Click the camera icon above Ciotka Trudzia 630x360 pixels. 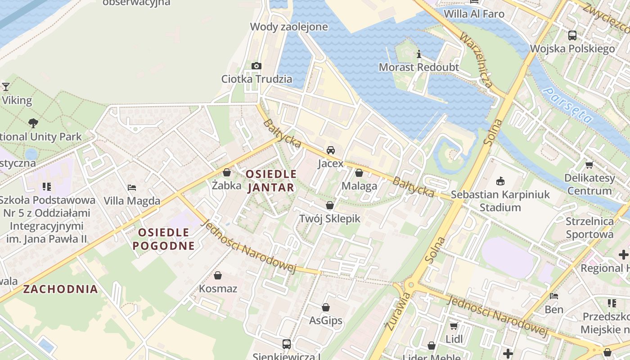pos(256,66)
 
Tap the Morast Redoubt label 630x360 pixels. pos(418,67)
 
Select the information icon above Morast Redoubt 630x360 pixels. pos(419,55)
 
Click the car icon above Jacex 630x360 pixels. pos(331,150)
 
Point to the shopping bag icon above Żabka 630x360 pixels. pos(227,172)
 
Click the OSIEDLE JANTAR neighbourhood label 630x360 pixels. pos(271,180)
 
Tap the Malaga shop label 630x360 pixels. pos(359,186)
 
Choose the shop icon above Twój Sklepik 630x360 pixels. pos(330,205)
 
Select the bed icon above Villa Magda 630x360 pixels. pos(132,187)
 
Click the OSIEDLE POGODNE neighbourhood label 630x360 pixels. pos(164,239)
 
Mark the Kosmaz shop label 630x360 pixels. pos(218,288)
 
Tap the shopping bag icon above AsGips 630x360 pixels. pos(326,307)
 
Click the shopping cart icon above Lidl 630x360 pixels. pos(454,326)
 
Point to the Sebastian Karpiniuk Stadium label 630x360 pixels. pos(500,201)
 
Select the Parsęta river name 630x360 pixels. pos(567,105)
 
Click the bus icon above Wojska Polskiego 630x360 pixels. pos(572,35)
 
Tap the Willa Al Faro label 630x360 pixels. pos(474,14)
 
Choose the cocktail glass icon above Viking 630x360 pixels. pos(6,86)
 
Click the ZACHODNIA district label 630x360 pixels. pos(60,289)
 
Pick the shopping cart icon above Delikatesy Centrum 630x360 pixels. pos(589,165)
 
